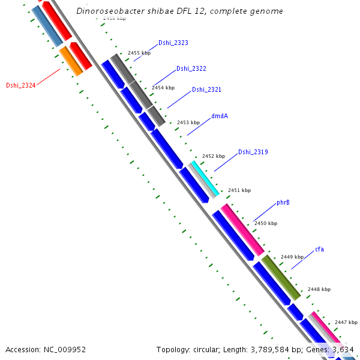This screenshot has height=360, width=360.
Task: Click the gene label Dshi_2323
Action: coord(173,43)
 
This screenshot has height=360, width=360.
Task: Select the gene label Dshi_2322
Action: coord(191,69)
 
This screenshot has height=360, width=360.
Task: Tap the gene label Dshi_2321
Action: coord(206,89)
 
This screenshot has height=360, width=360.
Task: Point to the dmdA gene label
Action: coord(220,116)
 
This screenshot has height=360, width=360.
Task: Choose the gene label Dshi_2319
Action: coord(253,152)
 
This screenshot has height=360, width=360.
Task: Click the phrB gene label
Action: coord(283,203)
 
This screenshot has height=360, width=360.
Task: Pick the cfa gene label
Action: coord(320,249)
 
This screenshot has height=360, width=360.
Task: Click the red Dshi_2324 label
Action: coord(21,85)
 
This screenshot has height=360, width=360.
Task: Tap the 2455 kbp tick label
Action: coord(139,53)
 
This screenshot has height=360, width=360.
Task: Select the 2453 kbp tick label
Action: coord(188,122)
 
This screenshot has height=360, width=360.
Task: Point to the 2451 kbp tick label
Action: coord(239,190)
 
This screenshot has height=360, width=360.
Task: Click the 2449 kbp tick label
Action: coord(292,257)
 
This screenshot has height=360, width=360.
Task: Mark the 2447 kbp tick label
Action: coord(345,322)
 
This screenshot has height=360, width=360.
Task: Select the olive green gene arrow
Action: coord(281,277)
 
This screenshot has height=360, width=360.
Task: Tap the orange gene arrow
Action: coord(71,61)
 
